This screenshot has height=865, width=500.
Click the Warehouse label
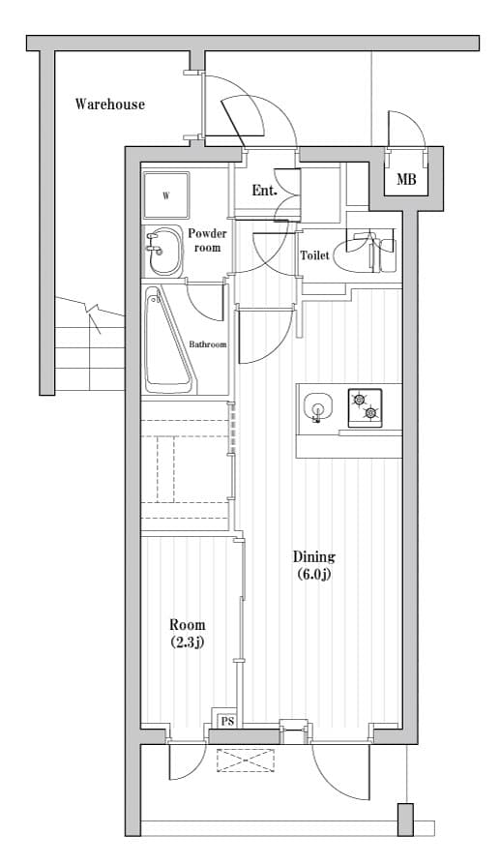point(110,104)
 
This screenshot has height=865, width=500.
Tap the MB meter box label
point(406,180)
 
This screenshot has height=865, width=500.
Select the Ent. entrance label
point(264,191)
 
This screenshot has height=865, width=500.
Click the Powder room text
point(207,240)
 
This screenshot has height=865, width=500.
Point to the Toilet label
point(314,255)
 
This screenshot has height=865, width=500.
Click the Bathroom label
point(207,344)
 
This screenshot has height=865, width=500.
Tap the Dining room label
point(313,556)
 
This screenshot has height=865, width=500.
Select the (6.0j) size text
point(313,575)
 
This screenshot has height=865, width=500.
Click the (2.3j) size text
point(187,642)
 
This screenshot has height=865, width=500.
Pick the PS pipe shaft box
point(226,721)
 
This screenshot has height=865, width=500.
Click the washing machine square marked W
point(166,195)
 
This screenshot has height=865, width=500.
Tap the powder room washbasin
point(162,253)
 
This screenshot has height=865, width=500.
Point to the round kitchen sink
point(316,407)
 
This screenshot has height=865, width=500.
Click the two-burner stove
point(365,406)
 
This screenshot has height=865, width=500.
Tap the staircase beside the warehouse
point(90,343)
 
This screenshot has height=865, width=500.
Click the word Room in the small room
point(187,625)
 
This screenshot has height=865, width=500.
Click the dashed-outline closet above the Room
point(186,469)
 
